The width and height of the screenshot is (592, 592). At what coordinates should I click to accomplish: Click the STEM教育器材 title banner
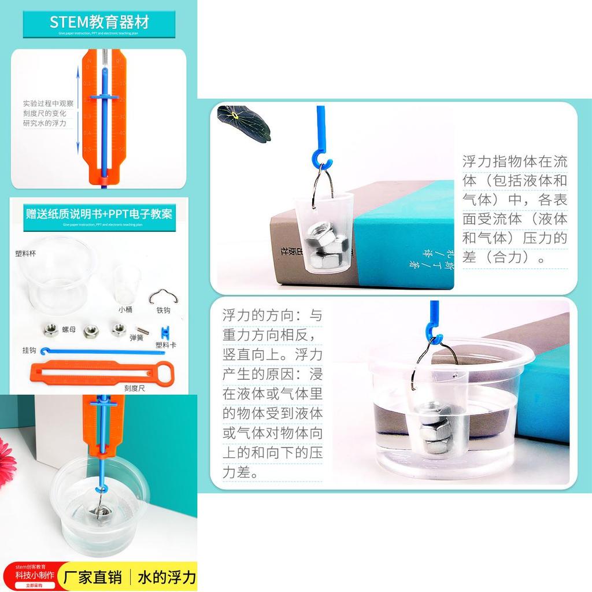click(x=99, y=23)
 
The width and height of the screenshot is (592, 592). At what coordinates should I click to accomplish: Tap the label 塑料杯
click(x=25, y=254)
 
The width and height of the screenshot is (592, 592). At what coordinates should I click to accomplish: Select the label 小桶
click(x=125, y=309)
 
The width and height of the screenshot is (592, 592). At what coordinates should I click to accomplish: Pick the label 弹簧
click(x=136, y=338)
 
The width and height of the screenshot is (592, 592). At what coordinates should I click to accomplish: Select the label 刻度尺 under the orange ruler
click(x=134, y=388)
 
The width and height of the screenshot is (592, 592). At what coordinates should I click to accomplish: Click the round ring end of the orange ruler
click(x=165, y=371)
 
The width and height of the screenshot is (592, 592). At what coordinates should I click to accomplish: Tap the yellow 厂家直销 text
click(x=92, y=577)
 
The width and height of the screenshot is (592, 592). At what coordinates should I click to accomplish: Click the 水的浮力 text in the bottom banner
click(x=166, y=577)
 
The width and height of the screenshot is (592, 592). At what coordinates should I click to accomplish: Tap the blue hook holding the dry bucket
click(x=320, y=156)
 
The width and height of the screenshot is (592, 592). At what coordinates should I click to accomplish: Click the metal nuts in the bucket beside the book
click(x=326, y=243)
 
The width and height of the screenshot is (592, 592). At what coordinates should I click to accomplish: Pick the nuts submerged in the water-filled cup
click(x=435, y=431)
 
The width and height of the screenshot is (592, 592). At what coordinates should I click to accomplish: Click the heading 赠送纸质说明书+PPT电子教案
click(x=99, y=214)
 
